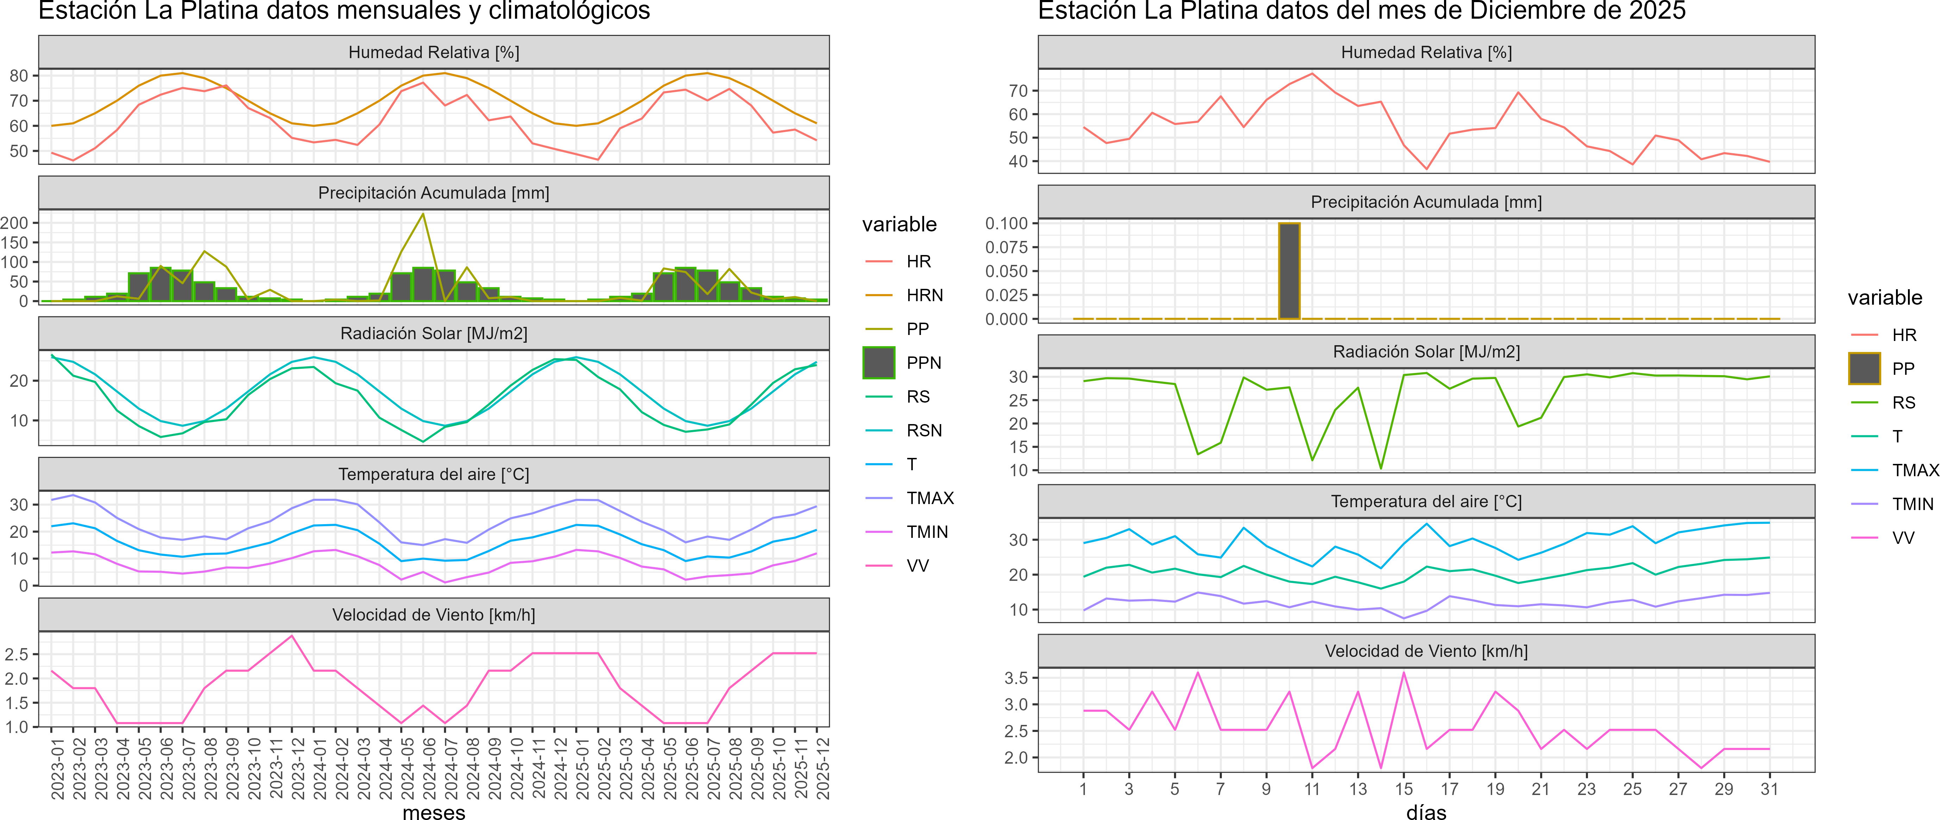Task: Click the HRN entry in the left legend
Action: tap(924, 296)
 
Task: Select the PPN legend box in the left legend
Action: tap(879, 362)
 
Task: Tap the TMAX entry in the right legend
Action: tap(1914, 470)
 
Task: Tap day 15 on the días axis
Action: tap(1404, 789)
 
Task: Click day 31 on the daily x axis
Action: tap(1769, 789)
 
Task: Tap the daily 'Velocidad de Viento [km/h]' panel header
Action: tap(1426, 651)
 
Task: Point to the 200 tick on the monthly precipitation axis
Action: tap(14, 223)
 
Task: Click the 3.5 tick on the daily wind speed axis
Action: tap(1016, 678)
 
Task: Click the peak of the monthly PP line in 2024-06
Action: tap(423, 214)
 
